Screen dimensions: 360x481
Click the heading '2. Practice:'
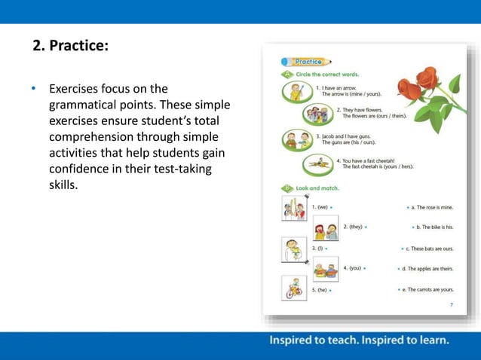(x=71, y=47)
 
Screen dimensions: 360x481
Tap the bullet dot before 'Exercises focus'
(x=33, y=89)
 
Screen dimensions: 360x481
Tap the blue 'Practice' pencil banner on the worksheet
(x=307, y=62)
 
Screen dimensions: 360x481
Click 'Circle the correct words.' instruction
(x=326, y=75)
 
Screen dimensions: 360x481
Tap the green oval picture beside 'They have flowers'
(x=320, y=114)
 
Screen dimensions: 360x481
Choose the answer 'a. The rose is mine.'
(x=430, y=206)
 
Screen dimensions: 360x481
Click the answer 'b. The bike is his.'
(x=433, y=227)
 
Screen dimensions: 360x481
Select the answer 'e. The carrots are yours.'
(x=426, y=289)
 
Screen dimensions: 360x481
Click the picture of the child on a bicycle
(x=293, y=288)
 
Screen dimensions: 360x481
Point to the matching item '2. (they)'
(x=354, y=227)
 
